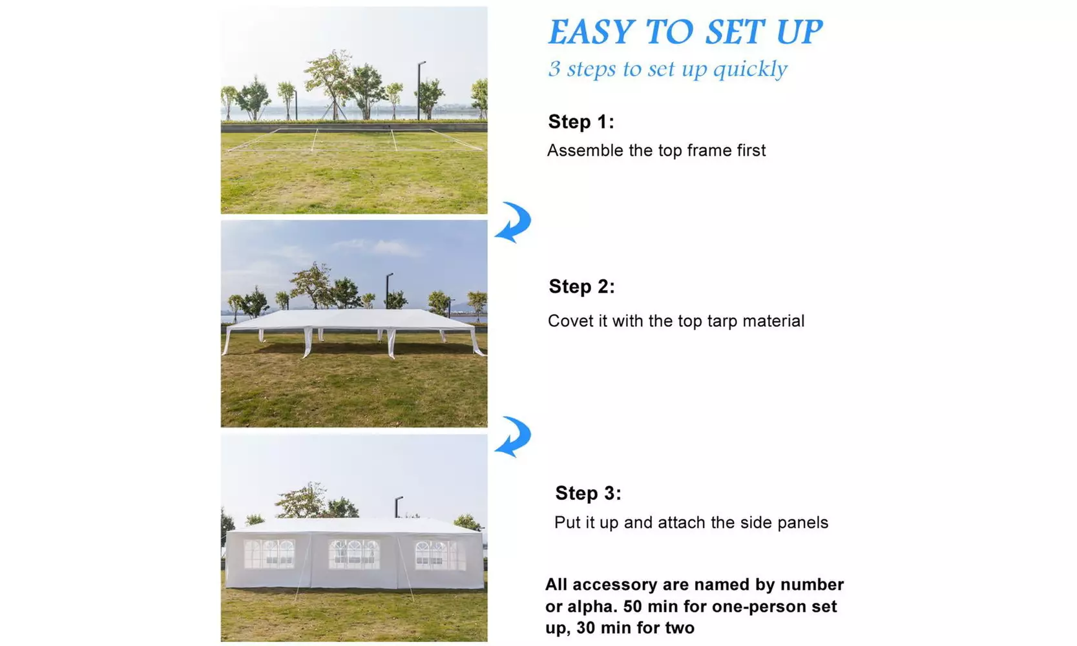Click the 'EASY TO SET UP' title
click(x=685, y=32)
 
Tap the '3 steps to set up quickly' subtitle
click(x=668, y=68)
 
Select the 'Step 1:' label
click(x=581, y=121)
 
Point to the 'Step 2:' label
click(x=581, y=286)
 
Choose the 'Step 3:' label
click(x=588, y=493)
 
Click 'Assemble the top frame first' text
click(x=656, y=151)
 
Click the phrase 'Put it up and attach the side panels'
click(x=691, y=523)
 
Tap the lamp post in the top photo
click(x=419, y=90)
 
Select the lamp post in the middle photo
click(x=388, y=291)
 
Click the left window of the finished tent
click(x=269, y=554)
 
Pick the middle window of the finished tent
click(x=354, y=554)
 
